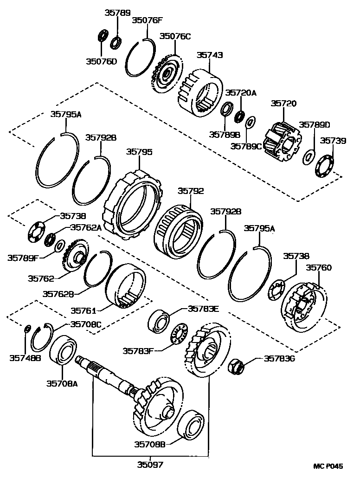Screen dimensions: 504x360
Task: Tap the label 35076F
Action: point(148,20)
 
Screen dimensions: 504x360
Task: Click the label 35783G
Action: point(280,358)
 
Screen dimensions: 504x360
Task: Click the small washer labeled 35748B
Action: point(27,329)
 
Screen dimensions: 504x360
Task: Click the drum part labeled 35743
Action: point(200,93)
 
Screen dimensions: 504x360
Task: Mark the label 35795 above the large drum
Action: point(140,152)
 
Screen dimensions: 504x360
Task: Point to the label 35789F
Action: point(23,257)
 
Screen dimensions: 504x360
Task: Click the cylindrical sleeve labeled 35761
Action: point(126,286)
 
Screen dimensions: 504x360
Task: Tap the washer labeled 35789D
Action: point(308,157)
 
